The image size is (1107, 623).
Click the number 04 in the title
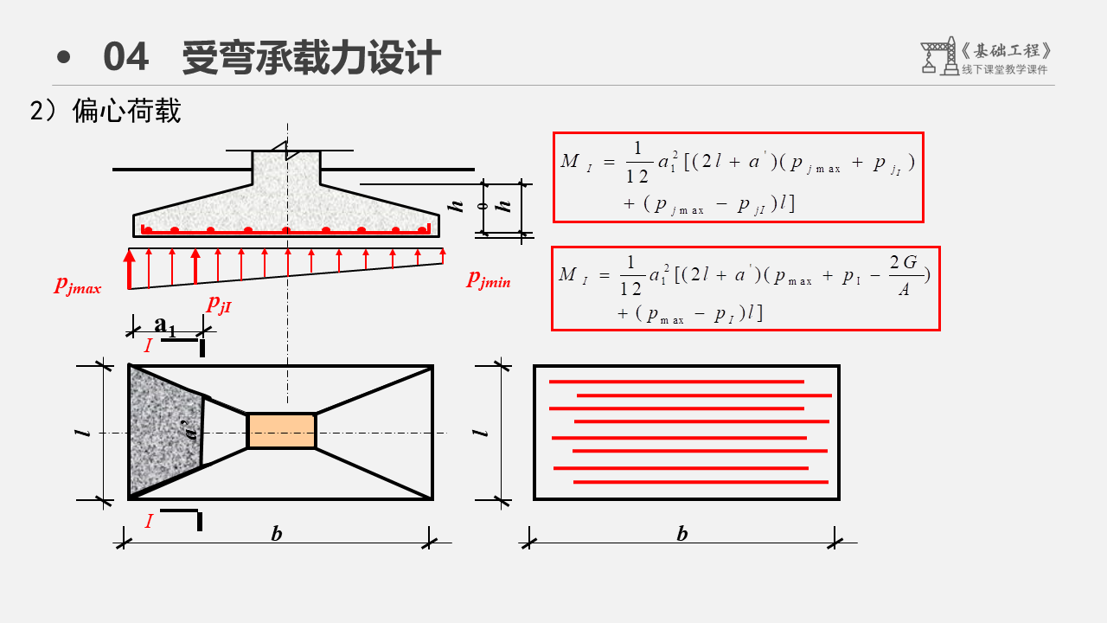click(125, 58)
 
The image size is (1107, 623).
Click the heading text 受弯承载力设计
click(311, 58)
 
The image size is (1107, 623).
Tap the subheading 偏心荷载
click(126, 111)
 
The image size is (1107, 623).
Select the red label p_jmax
click(78, 285)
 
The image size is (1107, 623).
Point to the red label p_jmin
click(489, 279)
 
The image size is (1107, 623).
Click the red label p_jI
click(220, 303)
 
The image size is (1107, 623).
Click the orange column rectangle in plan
click(281, 431)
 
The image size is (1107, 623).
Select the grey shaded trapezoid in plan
click(164, 430)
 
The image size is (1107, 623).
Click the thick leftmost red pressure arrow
click(130, 268)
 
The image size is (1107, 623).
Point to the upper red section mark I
click(148, 346)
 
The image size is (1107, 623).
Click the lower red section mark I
click(149, 521)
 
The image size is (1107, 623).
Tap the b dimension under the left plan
click(277, 534)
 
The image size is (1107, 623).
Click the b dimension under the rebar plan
click(682, 534)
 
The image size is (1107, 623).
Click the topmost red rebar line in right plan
click(676, 382)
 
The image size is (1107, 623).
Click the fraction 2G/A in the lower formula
click(903, 275)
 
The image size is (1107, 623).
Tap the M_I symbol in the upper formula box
click(576, 162)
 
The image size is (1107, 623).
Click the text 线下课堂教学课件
click(1004, 70)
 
